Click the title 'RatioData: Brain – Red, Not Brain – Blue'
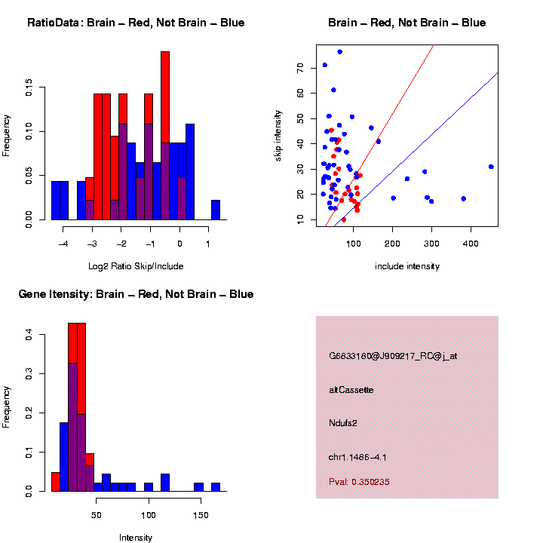pos(136,23)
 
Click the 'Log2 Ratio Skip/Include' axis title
pos(136,265)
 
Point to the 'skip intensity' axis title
pos(278,134)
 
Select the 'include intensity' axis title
pos(407,265)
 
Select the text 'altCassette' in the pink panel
pos(351,390)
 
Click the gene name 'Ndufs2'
pos(343,423)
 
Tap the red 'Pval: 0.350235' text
pos(359,482)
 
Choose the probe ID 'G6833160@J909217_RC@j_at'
pos(393,356)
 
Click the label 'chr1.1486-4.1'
pos(357,457)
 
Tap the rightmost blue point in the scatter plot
pos(491,167)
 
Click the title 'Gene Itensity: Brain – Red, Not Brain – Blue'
pos(136,294)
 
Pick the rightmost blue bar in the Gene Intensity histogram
pos(216,487)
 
